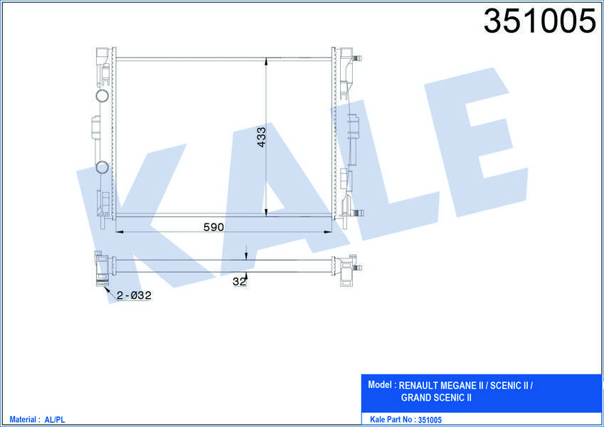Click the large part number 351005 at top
540,21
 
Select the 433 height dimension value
262,137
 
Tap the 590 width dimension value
213,227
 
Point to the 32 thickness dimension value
239,282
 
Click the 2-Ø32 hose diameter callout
134,295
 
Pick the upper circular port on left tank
102,95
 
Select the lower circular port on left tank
102,167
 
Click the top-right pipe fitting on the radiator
358,58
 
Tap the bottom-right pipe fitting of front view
358,213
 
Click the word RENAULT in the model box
418,386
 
